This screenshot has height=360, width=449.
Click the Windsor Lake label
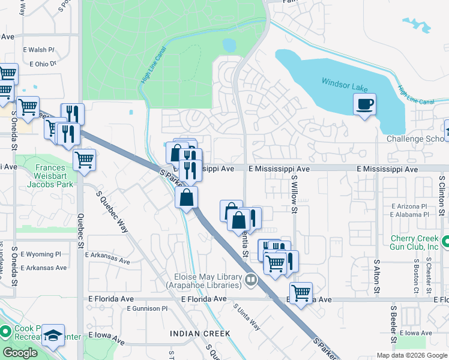pos(344,85)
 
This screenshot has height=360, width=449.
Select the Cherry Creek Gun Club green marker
pos(445,241)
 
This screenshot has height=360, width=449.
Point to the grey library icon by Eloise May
pos(250,279)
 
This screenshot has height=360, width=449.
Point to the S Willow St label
pos(294,194)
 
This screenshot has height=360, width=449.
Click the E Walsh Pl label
pos(38,50)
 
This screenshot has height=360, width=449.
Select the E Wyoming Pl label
pos(40,254)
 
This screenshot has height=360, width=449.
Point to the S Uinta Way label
pos(247,317)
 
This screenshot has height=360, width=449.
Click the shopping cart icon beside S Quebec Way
pos(85,160)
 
